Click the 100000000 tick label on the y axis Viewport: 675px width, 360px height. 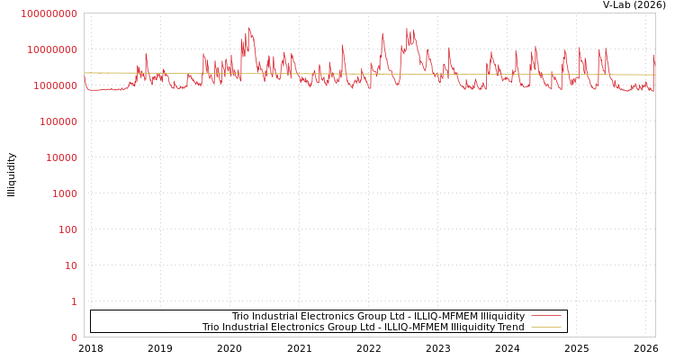click(x=49, y=13)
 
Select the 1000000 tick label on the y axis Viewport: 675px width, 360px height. click(x=56, y=85)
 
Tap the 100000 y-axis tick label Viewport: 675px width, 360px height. click(x=58, y=121)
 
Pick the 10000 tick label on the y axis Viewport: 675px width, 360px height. click(x=62, y=157)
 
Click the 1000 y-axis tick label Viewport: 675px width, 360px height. click(x=65, y=193)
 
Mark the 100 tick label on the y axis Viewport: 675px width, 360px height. click(x=68, y=229)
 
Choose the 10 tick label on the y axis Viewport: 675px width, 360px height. click(x=71, y=265)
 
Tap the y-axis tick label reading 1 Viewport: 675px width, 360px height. click(x=74, y=301)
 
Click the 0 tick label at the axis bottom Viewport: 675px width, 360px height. click(x=74, y=337)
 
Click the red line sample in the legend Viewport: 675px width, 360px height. click(x=545, y=316)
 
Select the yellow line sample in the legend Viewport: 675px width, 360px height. click(x=545, y=327)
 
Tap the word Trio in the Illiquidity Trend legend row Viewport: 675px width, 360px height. click(x=211, y=328)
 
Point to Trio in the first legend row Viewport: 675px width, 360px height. click(x=240, y=317)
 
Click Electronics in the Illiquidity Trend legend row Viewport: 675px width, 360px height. click(x=290, y=328)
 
